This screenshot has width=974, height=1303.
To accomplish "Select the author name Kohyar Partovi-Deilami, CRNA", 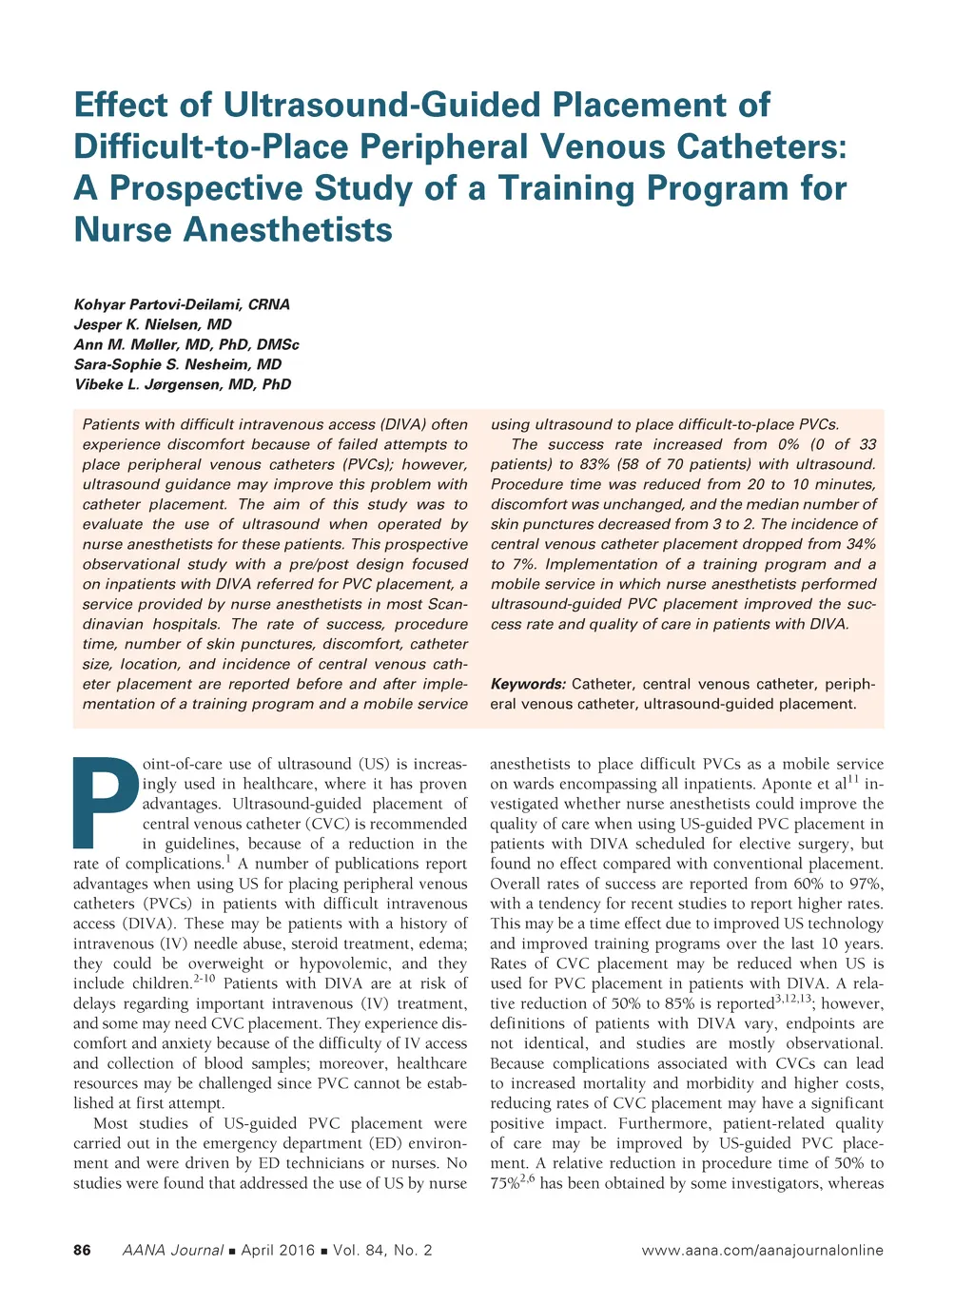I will pyautogui.click(x=182, y=304).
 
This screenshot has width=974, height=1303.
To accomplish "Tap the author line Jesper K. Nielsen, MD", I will pyautogui.click(x=152, y=324).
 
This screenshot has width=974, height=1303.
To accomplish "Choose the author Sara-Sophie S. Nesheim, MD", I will pyautogui.click(x=178, y=364).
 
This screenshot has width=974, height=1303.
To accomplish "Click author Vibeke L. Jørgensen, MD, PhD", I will pyautogui.click(x=183, y=384).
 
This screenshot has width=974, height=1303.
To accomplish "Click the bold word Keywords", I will pyautogui.click(x=527, y=684).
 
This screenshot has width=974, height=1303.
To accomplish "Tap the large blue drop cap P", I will pyautogui.click(x=106, y=801).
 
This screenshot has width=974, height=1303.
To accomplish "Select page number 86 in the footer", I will pyautogui.click(x=83, y=1250).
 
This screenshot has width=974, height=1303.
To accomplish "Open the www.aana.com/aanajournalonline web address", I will pyautogui.click(x=762, y=1250).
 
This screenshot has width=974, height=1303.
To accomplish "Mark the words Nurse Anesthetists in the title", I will pyautogui.click(x=233, y=230).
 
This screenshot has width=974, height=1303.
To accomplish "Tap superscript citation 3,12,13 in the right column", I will pyautogui.click(x=792, y=1000).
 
